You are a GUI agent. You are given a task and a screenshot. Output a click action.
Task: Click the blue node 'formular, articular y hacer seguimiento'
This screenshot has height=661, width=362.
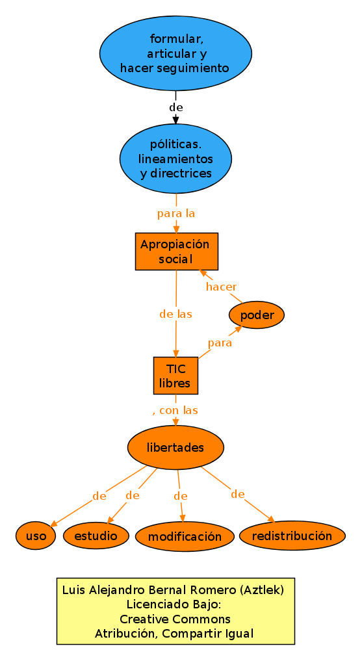tap(175, 53)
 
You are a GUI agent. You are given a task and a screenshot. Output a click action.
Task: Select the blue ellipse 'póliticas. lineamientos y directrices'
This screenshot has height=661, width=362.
tap(175, 159)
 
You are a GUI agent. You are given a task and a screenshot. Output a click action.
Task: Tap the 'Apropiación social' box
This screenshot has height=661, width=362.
tap(176, 252)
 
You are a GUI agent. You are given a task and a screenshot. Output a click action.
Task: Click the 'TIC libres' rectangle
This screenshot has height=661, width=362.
tap(175, 376)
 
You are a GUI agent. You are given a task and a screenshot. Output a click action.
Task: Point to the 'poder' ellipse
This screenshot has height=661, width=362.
tap(257, 316)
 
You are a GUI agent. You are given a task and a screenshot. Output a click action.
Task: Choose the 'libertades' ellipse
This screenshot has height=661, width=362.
tap(175, 448)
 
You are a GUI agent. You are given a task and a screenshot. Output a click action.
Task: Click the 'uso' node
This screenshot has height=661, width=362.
tap(36, 536)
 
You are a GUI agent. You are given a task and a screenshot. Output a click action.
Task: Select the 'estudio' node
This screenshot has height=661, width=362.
tap(96, 536)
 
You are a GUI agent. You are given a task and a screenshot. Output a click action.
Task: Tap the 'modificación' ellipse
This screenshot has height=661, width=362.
tap(185, 537)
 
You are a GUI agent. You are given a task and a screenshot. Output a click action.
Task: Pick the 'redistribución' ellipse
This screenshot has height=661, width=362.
tap(292, 536)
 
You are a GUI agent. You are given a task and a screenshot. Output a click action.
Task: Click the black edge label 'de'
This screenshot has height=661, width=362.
tap(175, 107)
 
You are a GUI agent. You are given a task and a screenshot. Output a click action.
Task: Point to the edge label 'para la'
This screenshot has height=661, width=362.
tap(176, 213)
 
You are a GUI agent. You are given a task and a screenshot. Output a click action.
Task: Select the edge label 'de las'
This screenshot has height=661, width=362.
tap(175, 314)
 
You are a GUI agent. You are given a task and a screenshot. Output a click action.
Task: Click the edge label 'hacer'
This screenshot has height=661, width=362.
tap(221, 287)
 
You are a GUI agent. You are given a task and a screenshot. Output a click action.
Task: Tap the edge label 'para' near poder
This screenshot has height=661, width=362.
tap(220, 343)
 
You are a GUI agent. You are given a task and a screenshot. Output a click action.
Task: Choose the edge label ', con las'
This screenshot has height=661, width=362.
tap(175, 410)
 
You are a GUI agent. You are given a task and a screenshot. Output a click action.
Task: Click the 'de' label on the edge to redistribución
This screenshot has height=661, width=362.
tap(237, 494)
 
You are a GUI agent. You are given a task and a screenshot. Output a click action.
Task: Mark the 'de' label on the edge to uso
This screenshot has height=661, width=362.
tap(99, 496)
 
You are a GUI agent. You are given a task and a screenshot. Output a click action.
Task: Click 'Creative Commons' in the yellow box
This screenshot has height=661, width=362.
tap(175, 619)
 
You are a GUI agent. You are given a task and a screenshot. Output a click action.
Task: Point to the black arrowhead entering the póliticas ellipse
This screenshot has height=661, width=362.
tap(175, 120)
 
